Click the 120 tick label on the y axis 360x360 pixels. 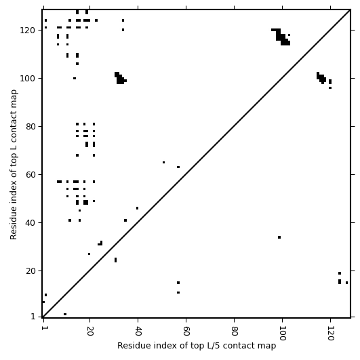[27, 31]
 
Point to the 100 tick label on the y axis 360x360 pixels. [27, 79]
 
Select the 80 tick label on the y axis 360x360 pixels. [30, 127]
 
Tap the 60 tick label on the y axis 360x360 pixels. [30, 175]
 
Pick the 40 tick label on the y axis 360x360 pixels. [30, 222]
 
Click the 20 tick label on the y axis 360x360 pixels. [30, 271]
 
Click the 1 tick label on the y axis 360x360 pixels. [33, 317]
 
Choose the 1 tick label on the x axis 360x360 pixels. [43, 328]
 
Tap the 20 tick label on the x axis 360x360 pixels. [89, 331]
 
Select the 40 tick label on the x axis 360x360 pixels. [138, 331]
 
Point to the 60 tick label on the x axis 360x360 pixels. [186, 331]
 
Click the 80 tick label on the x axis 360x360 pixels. [234, 331]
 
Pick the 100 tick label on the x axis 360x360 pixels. [282, 333]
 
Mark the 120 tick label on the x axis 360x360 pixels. [330, 333]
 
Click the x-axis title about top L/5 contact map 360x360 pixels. [197, 346]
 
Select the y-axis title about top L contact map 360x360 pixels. [14, 164]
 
